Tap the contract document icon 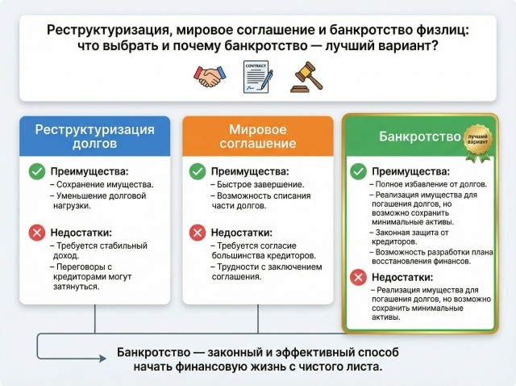click(257, 77)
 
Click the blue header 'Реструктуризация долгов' click(95, 136)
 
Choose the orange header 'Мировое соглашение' click(258, 136)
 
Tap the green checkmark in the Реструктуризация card click(36, 171)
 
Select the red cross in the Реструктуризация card click(36, 233)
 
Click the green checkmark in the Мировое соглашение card click(198, 171)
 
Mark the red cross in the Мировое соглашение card click(198, 233)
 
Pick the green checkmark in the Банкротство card click(358, 171)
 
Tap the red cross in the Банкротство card click(358, 277)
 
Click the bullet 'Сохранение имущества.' click(105, 186)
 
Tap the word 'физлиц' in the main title click(443, 30)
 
